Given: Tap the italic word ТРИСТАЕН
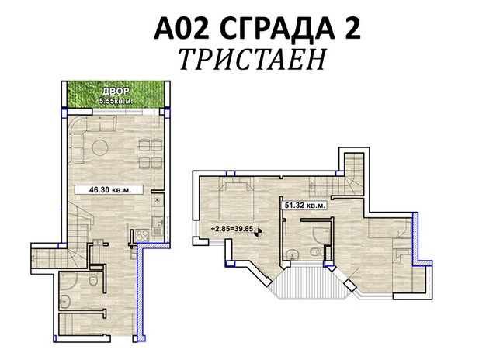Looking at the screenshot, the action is (x=252, y=59).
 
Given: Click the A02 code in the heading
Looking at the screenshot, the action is (x=182, y=28).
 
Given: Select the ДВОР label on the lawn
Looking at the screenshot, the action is (x=116, y=92).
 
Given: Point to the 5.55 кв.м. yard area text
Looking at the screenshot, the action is (x=116, y=100).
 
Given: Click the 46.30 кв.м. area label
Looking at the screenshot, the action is (x=110, y=189).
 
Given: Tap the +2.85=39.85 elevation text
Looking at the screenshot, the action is (x=232, y=229).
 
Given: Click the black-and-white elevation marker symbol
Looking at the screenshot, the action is (x=259, y=231).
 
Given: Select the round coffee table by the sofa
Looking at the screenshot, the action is (x=100, y=147).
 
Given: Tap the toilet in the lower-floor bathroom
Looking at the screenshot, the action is (x=93, y=280).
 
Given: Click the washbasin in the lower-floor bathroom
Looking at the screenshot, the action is (x=64, y=300).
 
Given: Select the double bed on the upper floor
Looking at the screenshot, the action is (x=236, y=198).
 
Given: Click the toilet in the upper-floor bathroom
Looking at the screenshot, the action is (x=316, y=252).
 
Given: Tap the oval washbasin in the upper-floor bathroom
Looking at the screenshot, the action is (x=292, y=255).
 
